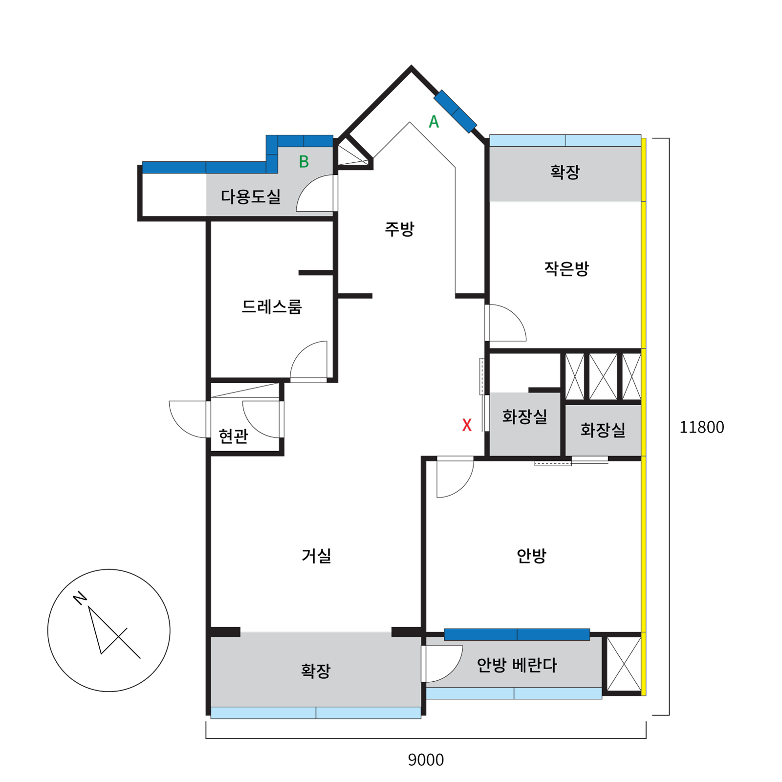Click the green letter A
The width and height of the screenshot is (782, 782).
pos(434,122)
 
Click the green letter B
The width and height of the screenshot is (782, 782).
pos(304,162)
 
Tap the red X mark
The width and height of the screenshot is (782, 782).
pos(467,425)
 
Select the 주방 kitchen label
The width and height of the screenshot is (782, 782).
pos(399,229)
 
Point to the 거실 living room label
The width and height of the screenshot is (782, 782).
pos(316,556)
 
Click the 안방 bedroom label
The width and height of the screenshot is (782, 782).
pos(531,556)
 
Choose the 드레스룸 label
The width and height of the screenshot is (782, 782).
pos(272,307)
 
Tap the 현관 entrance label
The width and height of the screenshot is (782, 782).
pos(233,436)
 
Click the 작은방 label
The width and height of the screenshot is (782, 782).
pos(566,268)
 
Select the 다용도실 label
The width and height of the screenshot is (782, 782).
pos(251,196)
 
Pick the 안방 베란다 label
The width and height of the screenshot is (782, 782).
pos(517,665)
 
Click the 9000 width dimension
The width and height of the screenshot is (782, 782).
pos(426,760)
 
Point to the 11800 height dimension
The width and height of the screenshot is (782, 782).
pos(701,427)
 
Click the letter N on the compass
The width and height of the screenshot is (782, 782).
pos(80,598)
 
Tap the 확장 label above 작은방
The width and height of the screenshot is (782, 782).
pos(565,172)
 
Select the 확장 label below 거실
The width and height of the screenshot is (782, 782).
pos(316,671)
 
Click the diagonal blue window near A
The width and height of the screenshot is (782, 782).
pos(455,111)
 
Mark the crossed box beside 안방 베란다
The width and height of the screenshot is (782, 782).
pos(624,664)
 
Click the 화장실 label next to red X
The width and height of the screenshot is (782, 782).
pos(524,416)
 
